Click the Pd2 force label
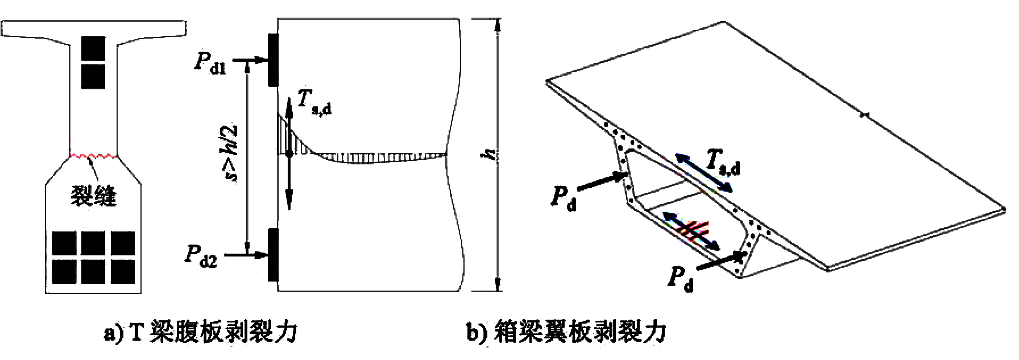pyautogui.click(x=201, y=255)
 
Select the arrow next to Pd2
pyautogui.click(x=246, y=255)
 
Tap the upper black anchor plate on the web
pyautogui.click(x=274, y=59)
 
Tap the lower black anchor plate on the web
pyautogui.click(x=274, y=254)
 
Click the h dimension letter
pyautogui.click(x=489, y=154)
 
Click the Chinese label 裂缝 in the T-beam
pyautogui.click(x=93, y=195)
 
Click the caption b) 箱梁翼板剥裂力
pyautogui.click(x=566, y=332)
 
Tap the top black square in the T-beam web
pyautogui.click(x=93, y=48)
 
